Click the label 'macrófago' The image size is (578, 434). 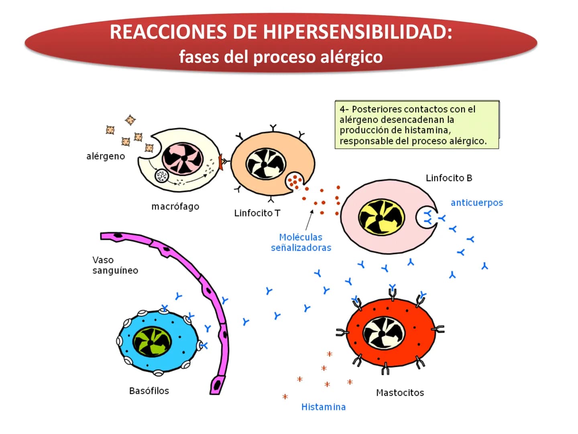175,207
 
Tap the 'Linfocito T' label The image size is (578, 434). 257,213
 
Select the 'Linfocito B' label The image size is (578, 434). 449,178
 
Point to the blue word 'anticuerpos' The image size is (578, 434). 477,203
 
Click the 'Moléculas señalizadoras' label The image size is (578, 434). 301,242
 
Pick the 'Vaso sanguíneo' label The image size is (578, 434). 115,265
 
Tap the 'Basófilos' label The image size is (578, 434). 149,391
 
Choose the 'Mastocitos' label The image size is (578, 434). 400,393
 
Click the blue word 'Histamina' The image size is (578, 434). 324,407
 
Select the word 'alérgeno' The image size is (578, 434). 106,156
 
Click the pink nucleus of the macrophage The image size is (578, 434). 183,158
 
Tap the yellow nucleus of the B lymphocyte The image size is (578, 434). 382,217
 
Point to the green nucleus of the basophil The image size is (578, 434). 152,342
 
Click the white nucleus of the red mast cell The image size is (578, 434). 384,333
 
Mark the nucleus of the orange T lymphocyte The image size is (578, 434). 266,164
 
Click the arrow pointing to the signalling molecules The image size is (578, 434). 309,220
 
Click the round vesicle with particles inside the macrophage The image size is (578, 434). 161,176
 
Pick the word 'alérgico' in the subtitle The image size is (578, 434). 351,57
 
